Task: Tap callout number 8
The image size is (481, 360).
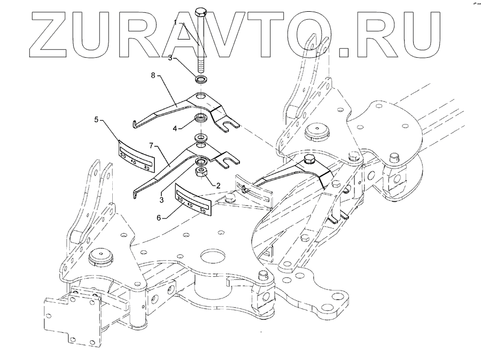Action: tap(153, 76)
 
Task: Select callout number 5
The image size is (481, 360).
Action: tap(96, 120)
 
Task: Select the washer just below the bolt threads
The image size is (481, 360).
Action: tap(201, 80)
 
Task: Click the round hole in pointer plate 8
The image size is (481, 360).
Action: tap(200, 96)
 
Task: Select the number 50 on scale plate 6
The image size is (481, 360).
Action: tap(202, 211)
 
